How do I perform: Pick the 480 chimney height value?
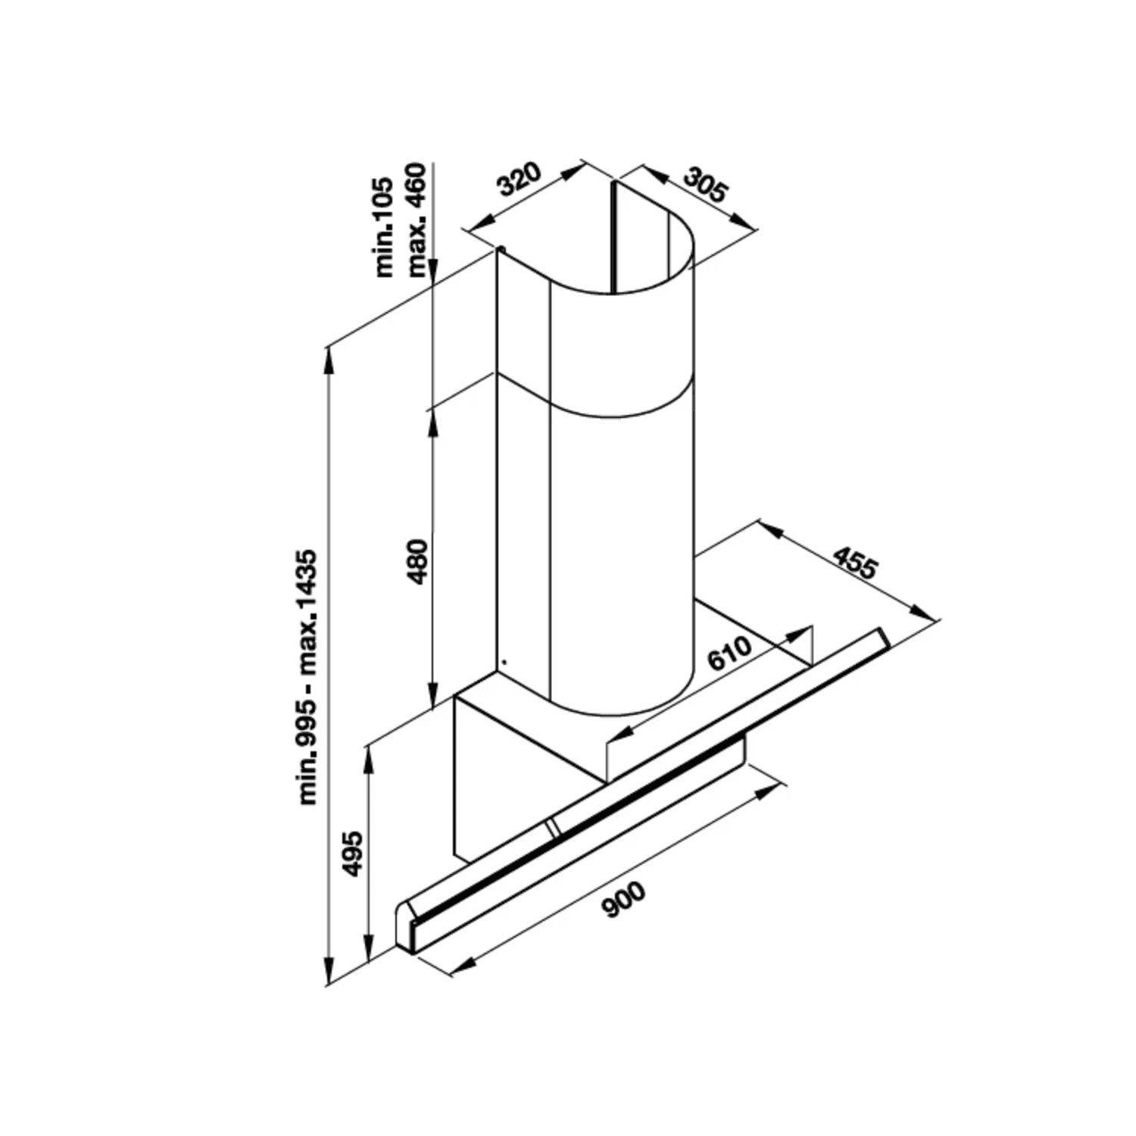tap(417, 562)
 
